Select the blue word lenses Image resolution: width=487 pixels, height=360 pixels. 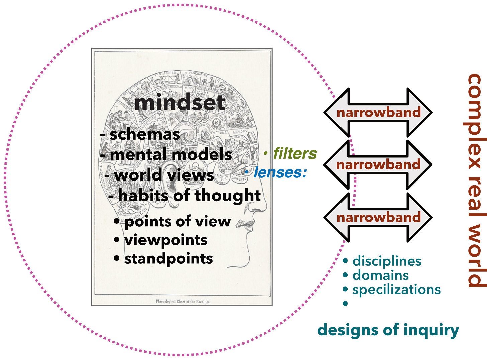click(280, 172)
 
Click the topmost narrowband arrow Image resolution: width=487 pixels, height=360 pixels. click(379, 113)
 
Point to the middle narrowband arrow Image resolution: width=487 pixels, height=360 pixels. click(379, 165)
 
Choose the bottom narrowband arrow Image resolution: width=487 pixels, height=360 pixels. click(379, 217)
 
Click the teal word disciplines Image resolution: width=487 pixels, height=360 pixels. click(387, 261)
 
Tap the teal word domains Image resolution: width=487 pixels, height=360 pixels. click(380, 275)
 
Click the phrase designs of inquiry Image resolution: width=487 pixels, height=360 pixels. click(388, 330)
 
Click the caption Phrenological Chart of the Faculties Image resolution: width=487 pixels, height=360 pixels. click(183, 301)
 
